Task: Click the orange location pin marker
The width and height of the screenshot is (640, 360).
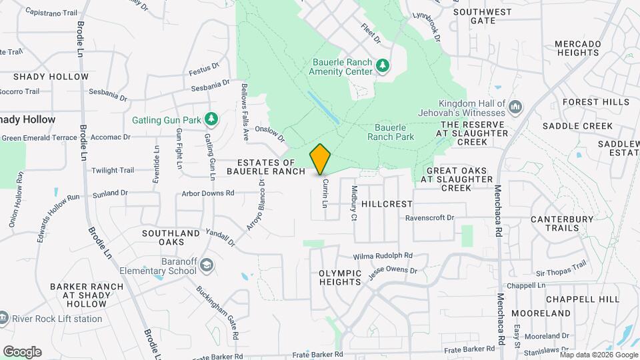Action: click(321, 159)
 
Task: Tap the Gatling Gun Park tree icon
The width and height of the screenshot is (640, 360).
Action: click(211, 119)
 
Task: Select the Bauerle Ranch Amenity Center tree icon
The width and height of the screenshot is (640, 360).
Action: click(383, 65)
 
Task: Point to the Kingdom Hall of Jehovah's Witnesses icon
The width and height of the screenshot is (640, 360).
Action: click(515, 107)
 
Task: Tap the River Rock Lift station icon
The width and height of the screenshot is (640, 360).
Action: click(3, 319)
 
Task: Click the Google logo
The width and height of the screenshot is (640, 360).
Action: click(22, 352)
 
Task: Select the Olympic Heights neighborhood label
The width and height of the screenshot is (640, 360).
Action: click(340, 277)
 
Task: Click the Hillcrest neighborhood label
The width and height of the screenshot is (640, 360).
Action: click(387, 203)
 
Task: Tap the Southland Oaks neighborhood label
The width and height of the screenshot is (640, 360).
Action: click(171, 237)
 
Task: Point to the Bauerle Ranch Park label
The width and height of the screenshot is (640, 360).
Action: click(391, 132)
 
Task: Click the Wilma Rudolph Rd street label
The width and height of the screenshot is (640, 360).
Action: click(383, 255)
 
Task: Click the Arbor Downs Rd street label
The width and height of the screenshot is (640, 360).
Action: click(208, 193)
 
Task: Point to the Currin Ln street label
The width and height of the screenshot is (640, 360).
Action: click(325, 192)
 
